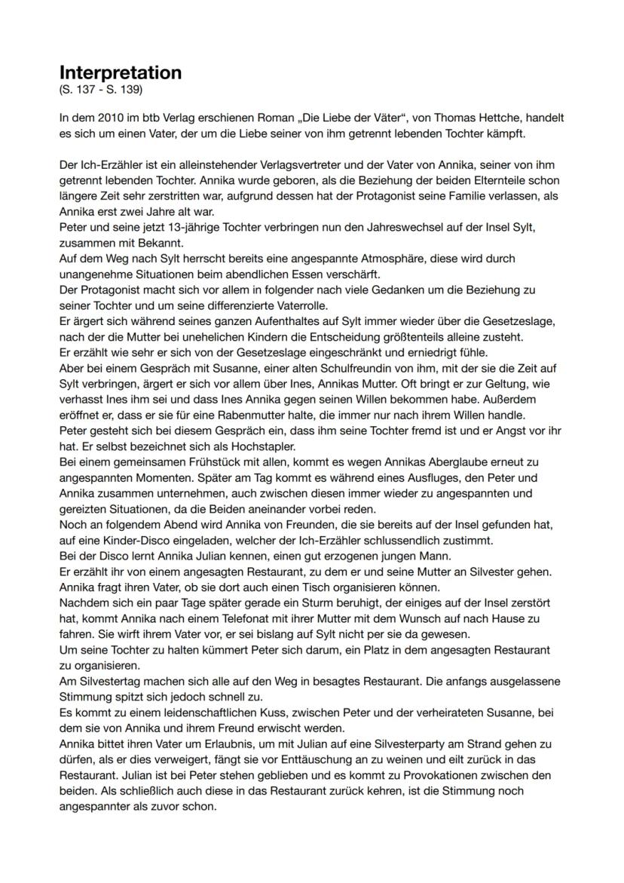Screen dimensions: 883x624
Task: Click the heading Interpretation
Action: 121,72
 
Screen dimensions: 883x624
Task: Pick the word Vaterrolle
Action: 273,305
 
